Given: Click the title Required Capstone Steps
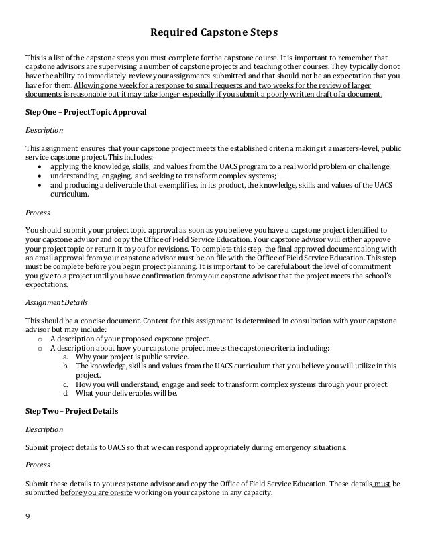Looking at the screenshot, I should click(213, 32).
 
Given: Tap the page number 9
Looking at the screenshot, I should click(28, 516).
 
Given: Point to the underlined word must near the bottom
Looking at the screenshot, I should click(380, 482).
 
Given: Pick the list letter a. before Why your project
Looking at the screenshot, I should click(64, 357).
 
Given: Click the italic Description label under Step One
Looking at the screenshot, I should click(44, 129).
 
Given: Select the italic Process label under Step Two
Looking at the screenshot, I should click(38, 463).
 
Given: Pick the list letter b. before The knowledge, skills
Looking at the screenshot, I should click(64, 366).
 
